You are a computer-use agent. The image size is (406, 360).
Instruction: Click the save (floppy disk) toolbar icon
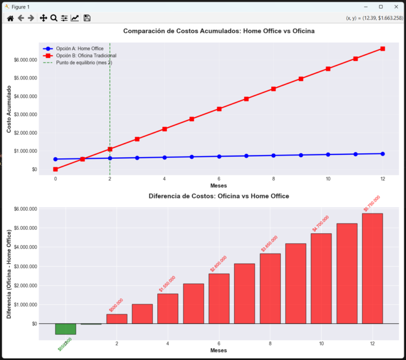coord(87,18)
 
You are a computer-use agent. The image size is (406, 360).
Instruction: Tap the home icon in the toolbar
coord(10,18)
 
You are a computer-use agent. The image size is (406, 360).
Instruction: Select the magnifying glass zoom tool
coord(54,18)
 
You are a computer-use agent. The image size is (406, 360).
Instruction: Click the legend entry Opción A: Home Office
coord(80,49)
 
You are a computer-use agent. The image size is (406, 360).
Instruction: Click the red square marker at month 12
coord(383,49)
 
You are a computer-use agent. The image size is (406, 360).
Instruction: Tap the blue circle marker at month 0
coord(55,159)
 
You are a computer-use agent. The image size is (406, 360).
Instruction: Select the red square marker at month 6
coord(219,109)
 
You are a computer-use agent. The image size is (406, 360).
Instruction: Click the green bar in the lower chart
coord(65,329)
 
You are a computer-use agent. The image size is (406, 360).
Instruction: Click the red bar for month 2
coord(117,319)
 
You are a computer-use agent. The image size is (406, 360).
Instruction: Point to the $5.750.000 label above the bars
coord(372,203)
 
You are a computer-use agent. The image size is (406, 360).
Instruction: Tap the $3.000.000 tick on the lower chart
coord(25,266)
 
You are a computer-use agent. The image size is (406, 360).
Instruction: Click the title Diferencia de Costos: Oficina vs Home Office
coord(219,196)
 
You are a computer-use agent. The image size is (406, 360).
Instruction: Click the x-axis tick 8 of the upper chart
coord(273,179)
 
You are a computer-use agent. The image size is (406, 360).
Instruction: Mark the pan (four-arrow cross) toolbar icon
coord(43,18)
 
